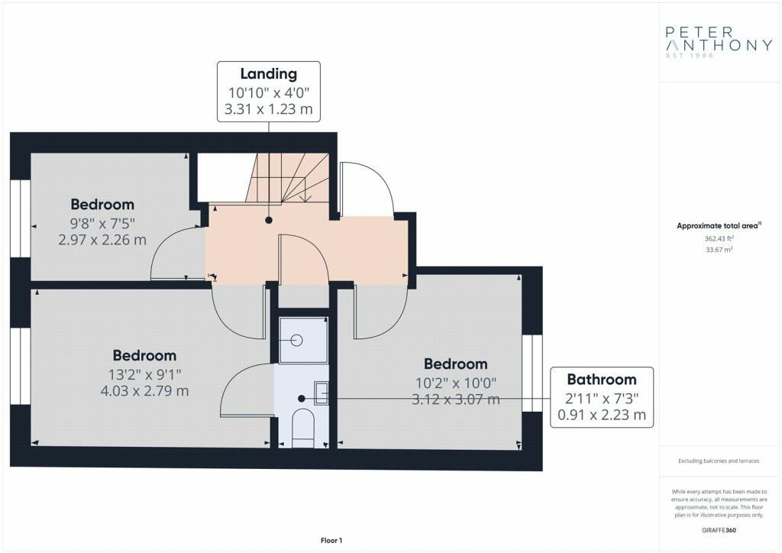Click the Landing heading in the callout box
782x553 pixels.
click(x=269, y=74)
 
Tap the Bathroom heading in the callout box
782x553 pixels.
click(x=602, y=380)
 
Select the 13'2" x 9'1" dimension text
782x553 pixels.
click(x=144, y=374)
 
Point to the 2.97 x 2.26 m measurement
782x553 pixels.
click(x=102, y=240)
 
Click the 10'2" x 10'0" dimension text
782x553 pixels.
click(x=456, y=383)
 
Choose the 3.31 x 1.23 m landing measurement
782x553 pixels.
click(x=269, y=108)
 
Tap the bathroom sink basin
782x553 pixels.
click(x=322, y=392)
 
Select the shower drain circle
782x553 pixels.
click(x=297, y=341)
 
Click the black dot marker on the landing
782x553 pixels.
click(x=269, y=220)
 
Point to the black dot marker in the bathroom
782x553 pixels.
click(x=301, y=399)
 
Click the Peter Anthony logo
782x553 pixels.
click(x=719, y=42)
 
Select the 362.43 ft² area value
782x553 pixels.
click(x=719, y=239)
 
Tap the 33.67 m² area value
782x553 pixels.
click(x=719, y=249)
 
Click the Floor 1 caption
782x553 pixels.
click(x=331, y=541)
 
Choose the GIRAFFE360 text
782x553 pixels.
click(x=719, y=530)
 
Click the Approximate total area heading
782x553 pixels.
click(x=719, y=226)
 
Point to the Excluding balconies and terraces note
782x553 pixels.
click(x=719, y=461)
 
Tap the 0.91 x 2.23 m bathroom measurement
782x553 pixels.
click(x=602, y=415)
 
